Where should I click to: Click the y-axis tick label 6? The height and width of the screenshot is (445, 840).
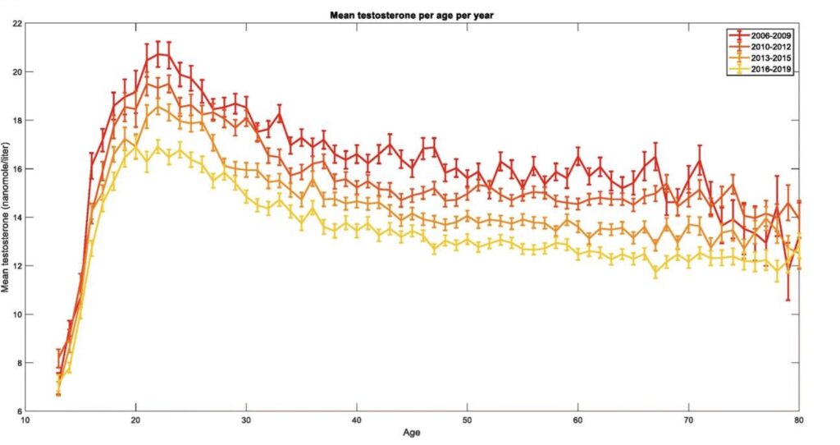(x=19, y=411)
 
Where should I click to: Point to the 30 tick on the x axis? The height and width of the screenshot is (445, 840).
(x=246, y=420)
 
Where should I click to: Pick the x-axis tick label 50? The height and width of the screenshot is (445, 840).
(x=467, y=420)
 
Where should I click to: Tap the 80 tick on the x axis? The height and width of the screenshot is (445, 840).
(x=798, y=420)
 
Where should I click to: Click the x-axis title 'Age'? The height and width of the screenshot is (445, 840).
(x=412, y=432)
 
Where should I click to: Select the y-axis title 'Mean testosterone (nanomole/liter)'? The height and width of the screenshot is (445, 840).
(x=7, y=218)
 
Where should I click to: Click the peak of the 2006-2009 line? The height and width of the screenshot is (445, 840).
(x=158, y=54)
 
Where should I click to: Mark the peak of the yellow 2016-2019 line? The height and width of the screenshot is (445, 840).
(x=158, y=146)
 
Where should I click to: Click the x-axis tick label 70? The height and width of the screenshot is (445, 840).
(x=688, y=420)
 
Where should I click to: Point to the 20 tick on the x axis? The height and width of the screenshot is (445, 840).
(x=136, y=420)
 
